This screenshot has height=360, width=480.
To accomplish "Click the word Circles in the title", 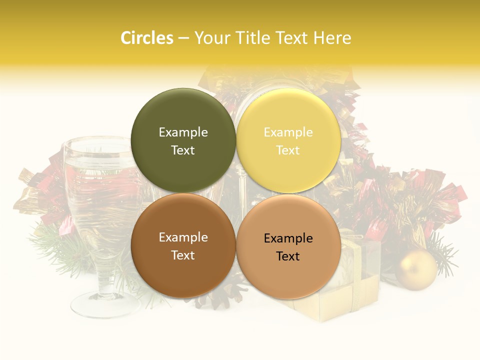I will [146, 38].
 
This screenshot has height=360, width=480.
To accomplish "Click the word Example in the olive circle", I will [183, 132].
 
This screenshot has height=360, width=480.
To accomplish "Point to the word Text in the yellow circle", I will [288, 150].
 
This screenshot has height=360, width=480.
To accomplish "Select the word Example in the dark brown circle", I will [183, 237].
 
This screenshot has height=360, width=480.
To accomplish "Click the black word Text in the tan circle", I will [288, 256].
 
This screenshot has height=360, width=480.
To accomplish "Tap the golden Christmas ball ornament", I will [416, 270].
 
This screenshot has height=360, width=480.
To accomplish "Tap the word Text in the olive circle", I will [183, 150].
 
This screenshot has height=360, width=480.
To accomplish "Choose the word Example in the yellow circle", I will [288, 132].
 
